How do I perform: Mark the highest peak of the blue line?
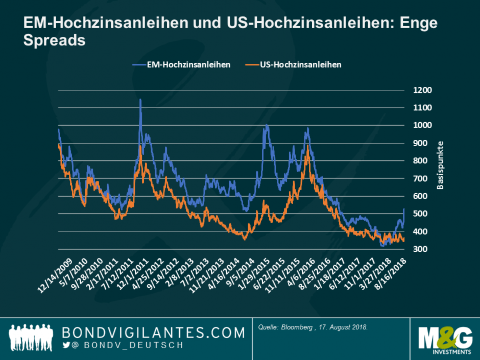coord(140,100)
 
